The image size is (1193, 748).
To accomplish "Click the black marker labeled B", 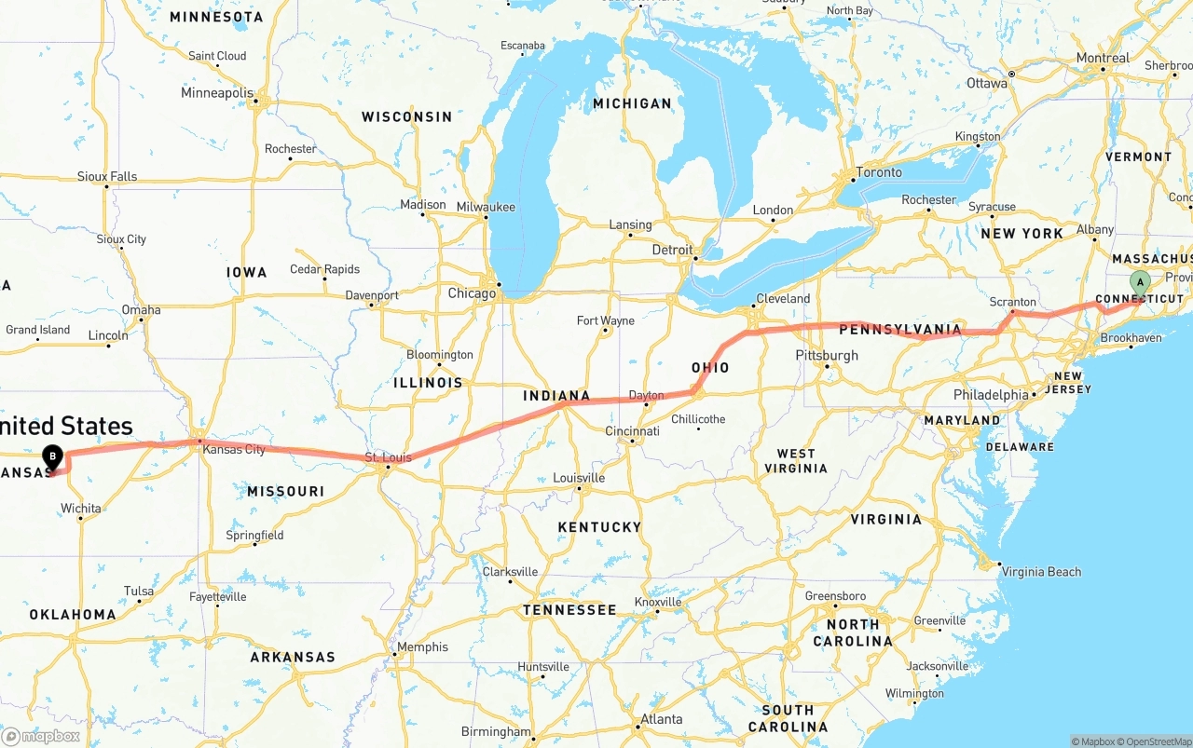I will coord(53,457).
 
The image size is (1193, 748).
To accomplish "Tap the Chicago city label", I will coord(472,293).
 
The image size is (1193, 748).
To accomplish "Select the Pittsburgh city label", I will coord(827,355).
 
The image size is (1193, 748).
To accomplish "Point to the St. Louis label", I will coord(388,457).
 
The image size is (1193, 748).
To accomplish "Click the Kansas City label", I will coord(234,449).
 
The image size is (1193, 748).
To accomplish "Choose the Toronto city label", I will coord(879,172).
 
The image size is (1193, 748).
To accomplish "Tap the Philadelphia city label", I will coord(991,395).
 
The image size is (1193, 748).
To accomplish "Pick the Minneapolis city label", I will coord(217,93).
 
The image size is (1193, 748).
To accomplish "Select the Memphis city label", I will coord(422,647).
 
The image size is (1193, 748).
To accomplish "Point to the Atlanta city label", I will coord(661,719).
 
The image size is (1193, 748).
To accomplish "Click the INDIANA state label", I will coord(556,396).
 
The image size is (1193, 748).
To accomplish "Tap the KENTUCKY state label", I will coord(599,527).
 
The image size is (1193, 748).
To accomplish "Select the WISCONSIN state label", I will coord(406,117).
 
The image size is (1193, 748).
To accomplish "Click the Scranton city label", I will coord(1012,302).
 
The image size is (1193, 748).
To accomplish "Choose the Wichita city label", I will coord(81,509).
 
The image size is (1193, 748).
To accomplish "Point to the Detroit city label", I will coord(672,250).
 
